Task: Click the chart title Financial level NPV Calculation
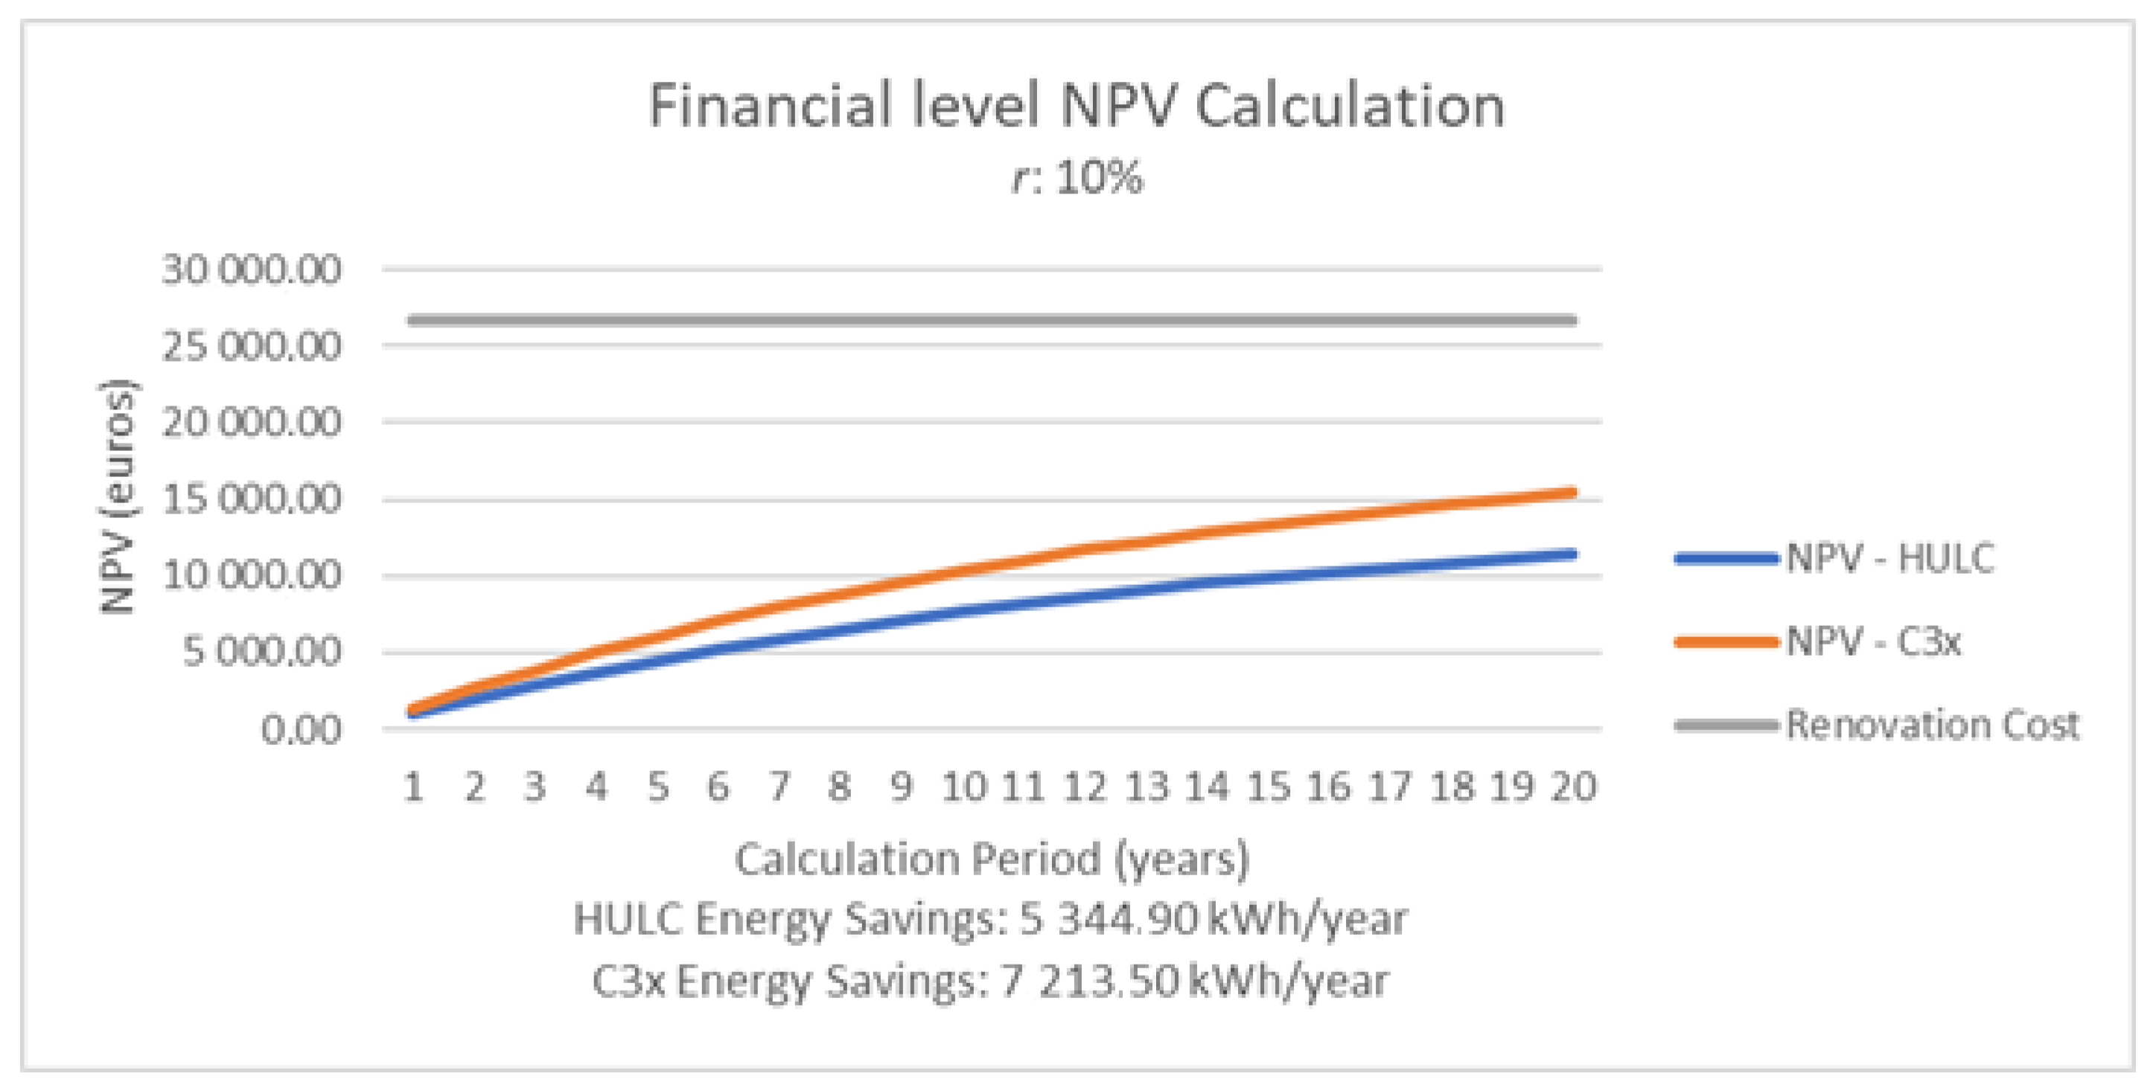1077,106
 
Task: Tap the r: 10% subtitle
1077,178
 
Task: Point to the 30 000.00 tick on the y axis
251,270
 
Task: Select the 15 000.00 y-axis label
251,499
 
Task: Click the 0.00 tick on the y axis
301,729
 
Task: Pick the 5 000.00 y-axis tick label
261,652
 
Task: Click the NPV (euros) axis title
117,497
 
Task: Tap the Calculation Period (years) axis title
992,860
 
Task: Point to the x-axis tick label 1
413,787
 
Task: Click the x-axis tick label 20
1574,787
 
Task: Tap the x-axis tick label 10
964,787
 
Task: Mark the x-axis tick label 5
658,787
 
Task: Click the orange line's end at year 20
1574,492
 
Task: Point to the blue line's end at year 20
1574,554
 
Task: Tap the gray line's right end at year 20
1574,319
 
